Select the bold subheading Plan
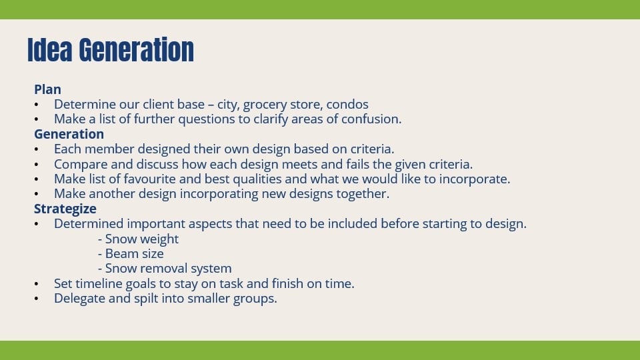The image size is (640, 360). (x=47, y=89)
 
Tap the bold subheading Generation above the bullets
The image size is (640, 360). (x=69, y=134)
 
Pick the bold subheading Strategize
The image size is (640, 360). (x=65, y=209)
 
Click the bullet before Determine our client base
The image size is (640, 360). (x=37, y=105)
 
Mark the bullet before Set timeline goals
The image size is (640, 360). (x=37, y=283)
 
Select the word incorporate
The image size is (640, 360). (x=477, y=179)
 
